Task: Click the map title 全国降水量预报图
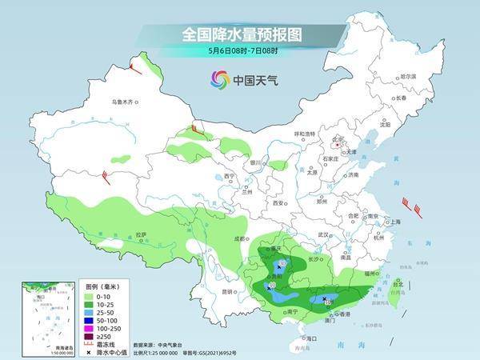coord(239,34)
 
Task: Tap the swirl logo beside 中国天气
coord(219,80)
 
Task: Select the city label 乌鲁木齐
coord(125,102)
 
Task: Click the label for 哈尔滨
coord(408,76)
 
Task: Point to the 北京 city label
coord(336,138)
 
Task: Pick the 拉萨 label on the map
coord(141,234)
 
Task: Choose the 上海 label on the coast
coord(392,222)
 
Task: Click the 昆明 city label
coord(209,290)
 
